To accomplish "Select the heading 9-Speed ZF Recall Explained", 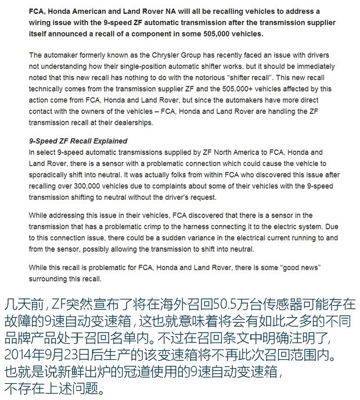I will click(78, 141).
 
